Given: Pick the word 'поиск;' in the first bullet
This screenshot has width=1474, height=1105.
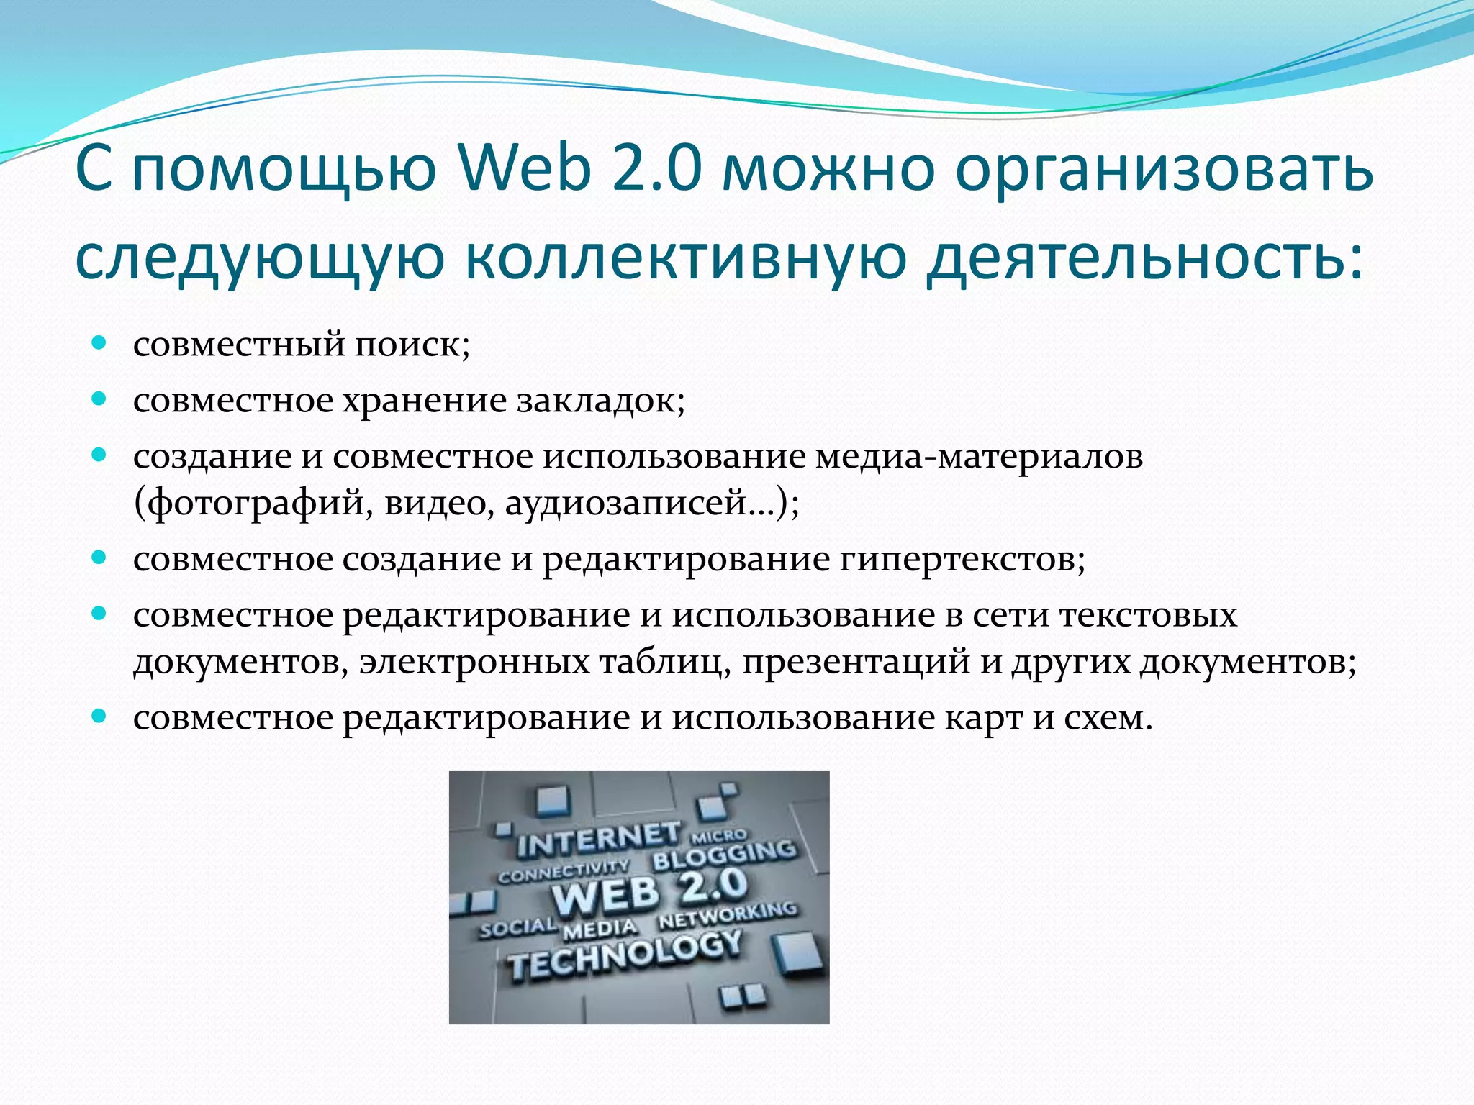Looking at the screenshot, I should [x=412, y=345].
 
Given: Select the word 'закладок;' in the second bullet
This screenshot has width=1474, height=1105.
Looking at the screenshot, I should [x=602, y=401].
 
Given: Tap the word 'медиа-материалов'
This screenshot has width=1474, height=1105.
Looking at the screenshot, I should [x=979, y=457].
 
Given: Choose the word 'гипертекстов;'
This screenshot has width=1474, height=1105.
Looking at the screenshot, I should [x=962, y=560].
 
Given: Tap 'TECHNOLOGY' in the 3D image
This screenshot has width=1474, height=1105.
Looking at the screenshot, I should [x=623, y=958].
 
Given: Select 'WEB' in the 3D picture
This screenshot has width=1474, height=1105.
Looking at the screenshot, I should [x=605, y=896].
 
